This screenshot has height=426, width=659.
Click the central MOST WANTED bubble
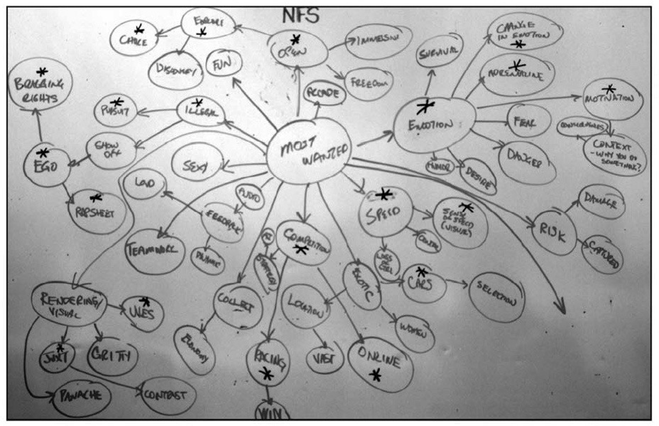[309, 151]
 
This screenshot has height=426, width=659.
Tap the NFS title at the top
[301, 16]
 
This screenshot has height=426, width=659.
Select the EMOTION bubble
[434, 125]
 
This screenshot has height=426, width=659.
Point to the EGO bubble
[46, 165]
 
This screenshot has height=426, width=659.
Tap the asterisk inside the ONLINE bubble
[376, 375]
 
